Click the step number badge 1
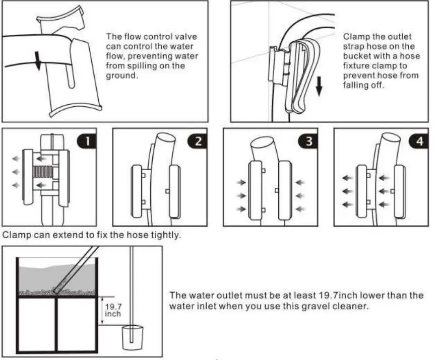click(87, 141)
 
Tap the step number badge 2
click(197, 141)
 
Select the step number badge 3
click(308, 141)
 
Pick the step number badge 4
click(419, 141)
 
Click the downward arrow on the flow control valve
click(38, 60)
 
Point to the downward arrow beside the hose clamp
click(319, 87)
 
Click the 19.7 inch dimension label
click(113, 310)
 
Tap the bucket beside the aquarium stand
click(133, 337)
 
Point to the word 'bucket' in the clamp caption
click(355, 56)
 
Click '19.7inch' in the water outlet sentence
click(338, 295)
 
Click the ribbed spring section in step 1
click(43, 172)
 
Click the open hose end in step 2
click(166, 137)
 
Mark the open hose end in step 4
click(392, 137)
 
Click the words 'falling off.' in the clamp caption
click(363, 85)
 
